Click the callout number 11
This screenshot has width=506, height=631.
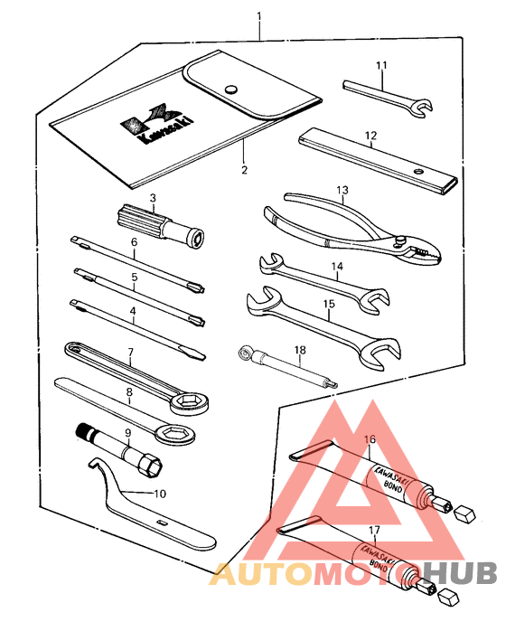(381, 65)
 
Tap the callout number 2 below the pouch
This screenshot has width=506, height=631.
(243, 168)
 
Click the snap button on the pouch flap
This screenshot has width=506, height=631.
(232, 89)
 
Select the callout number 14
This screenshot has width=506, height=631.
(337, 267)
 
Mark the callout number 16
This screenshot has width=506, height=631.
(369, 440)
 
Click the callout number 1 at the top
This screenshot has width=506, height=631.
(259, 16)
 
